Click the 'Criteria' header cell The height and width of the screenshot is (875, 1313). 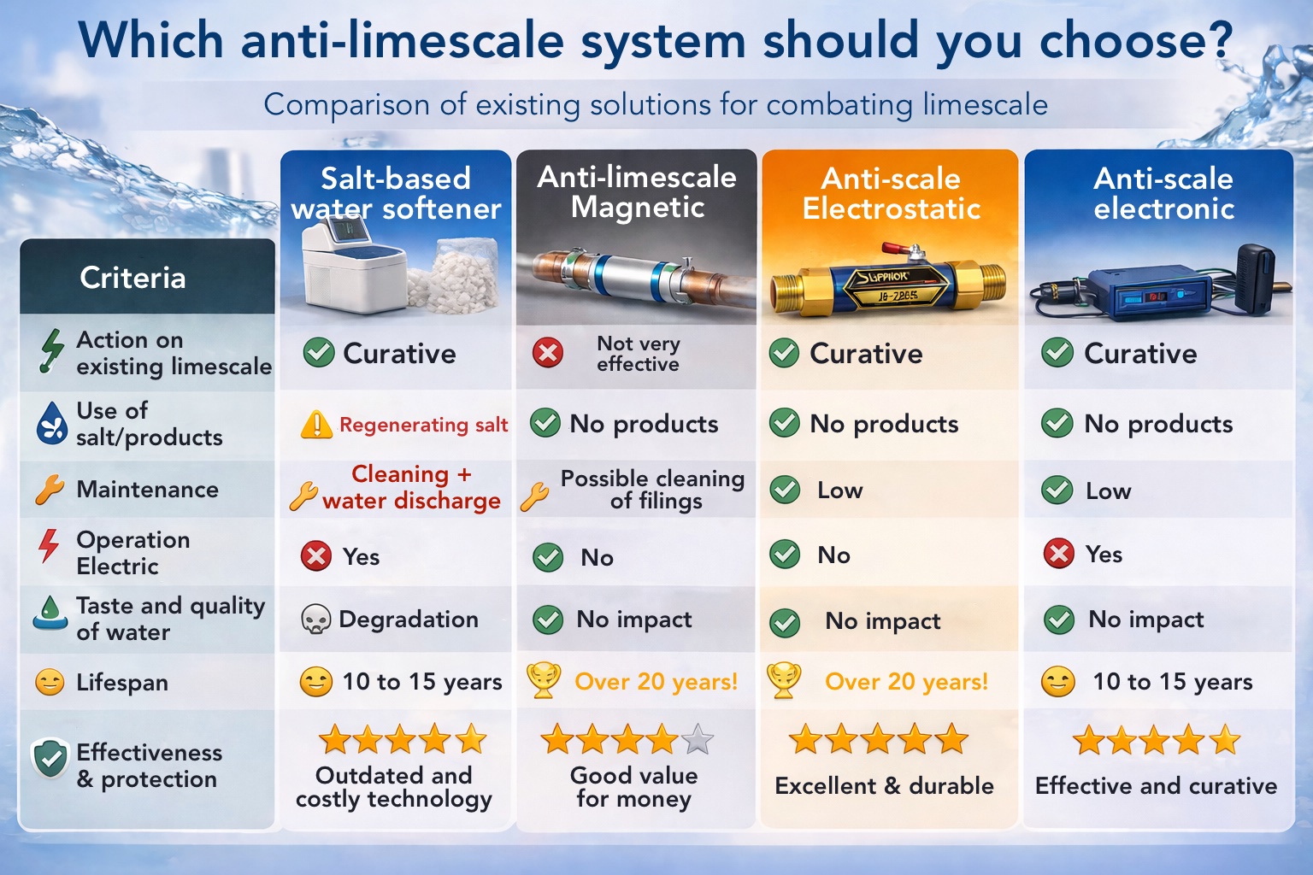coord(132,278)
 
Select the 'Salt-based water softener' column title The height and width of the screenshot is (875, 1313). coord(396,193)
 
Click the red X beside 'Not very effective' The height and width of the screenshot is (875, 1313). coord(548,352)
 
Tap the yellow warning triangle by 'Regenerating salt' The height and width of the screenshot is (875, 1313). coord(316,424)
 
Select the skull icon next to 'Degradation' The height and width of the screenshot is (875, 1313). coord(316,620)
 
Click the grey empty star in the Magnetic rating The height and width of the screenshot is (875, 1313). coord(698,739)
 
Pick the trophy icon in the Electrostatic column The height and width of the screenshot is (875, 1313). coord(784,681)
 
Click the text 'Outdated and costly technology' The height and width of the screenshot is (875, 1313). coord(394,787)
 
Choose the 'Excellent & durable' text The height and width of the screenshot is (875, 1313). coord(884,785)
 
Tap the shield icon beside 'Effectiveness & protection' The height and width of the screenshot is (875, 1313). coord(50,758)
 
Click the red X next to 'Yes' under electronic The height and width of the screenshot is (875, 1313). coord(1059,554)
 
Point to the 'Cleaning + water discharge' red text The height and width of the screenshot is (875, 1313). coord(411,487)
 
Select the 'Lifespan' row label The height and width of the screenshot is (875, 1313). coord(122,682)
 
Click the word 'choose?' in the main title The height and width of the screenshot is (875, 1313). coord(1136,40)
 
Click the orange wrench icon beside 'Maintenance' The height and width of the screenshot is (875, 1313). coord(50,490)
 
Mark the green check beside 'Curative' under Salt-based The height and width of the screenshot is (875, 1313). coord(319,352)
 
